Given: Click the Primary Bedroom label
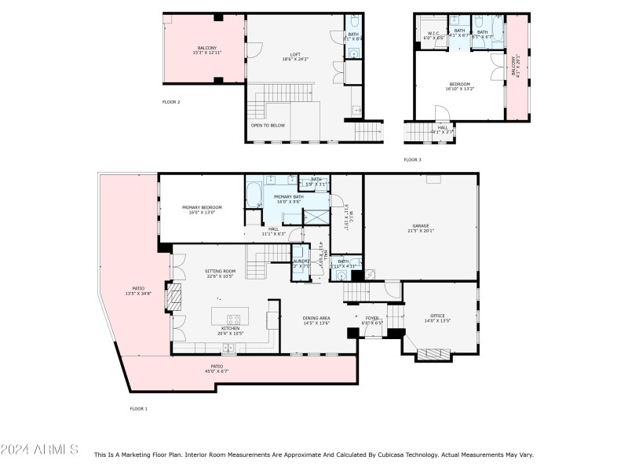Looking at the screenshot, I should coord(202,208).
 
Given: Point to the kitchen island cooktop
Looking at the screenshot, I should coord(233,319).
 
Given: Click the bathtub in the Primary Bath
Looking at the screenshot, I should coord(254,194).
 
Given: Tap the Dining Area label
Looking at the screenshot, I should coord(316,319).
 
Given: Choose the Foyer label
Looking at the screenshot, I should coord(371,319).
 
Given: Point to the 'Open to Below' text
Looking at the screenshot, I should coord(267,125).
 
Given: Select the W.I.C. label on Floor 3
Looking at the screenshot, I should coord(434,33).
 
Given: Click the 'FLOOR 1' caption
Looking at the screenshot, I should coord(138,408).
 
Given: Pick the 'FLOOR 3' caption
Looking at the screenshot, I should coord(412,159).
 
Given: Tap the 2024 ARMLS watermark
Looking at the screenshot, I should coord(39,450).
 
